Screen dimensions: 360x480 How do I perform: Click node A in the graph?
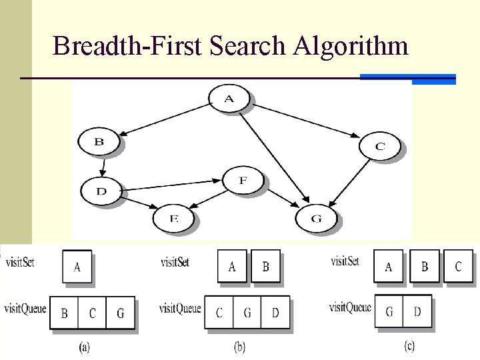click(229, 99)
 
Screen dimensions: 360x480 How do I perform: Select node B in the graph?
click(99, 141)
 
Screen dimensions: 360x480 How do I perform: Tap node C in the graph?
click(380, 146)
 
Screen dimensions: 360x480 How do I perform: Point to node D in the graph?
click(101, 191)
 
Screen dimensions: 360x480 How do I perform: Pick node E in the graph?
click(174, 217)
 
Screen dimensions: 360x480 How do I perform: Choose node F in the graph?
click(243, 180)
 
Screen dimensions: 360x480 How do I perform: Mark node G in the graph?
click(316, 218)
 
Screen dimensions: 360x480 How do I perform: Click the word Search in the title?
click(247, 46)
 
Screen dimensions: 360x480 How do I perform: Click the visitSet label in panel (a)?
click(19, 261)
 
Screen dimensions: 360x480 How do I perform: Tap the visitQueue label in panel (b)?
click(179, 308)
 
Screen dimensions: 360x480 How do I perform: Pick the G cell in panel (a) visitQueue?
click(120, 313)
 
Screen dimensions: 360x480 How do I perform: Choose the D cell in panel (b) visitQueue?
click(275, 313)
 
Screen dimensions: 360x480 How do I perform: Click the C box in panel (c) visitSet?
click(458, 267)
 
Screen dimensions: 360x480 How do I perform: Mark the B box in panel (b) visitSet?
click(265, 267)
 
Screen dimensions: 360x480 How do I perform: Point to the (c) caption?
click(411, 346)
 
